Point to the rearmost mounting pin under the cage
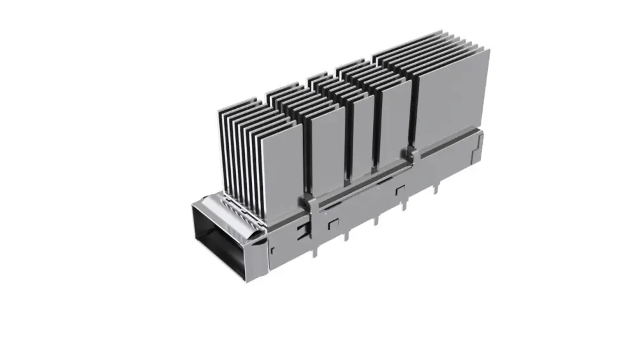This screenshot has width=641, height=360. [436, 186]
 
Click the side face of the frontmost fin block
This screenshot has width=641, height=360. [282, 163]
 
